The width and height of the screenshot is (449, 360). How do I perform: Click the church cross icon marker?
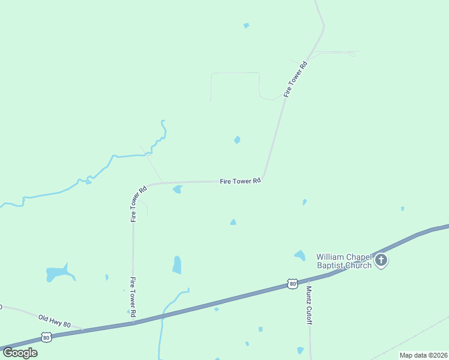tap(381, 261)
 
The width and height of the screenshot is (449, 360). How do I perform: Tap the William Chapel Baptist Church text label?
tap(344, 261)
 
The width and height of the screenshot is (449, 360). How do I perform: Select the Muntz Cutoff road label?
tap(309, 304)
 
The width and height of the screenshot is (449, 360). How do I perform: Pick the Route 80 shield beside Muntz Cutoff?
tap(292, 283)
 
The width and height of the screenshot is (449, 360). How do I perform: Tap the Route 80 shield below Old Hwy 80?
tap(47, 338)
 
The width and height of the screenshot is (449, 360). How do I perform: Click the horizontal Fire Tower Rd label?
tap(240, 180)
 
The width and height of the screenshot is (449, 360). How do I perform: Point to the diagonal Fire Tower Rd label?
tap(295, 79)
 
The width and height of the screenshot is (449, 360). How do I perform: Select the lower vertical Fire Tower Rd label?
tap(133, 296)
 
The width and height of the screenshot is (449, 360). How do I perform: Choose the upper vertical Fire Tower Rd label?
tap(139, 204)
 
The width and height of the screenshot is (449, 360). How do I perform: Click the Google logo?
tap(20, 353)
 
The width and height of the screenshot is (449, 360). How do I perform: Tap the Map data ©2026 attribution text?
tap(423, 355)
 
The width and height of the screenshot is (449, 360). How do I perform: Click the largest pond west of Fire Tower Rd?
tap(58, 274)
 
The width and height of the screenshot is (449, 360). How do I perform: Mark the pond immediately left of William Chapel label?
tap(300, 256)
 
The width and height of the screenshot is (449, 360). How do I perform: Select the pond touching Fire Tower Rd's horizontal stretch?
tap(177, 190)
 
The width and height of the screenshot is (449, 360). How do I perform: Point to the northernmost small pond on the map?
tap(246, 25)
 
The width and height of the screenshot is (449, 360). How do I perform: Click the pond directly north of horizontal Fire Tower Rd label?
tap(237, 140)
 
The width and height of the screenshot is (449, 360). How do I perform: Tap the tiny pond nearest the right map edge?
tap(402, 209)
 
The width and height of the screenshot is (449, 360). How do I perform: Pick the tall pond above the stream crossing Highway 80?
tap(176, 265)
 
